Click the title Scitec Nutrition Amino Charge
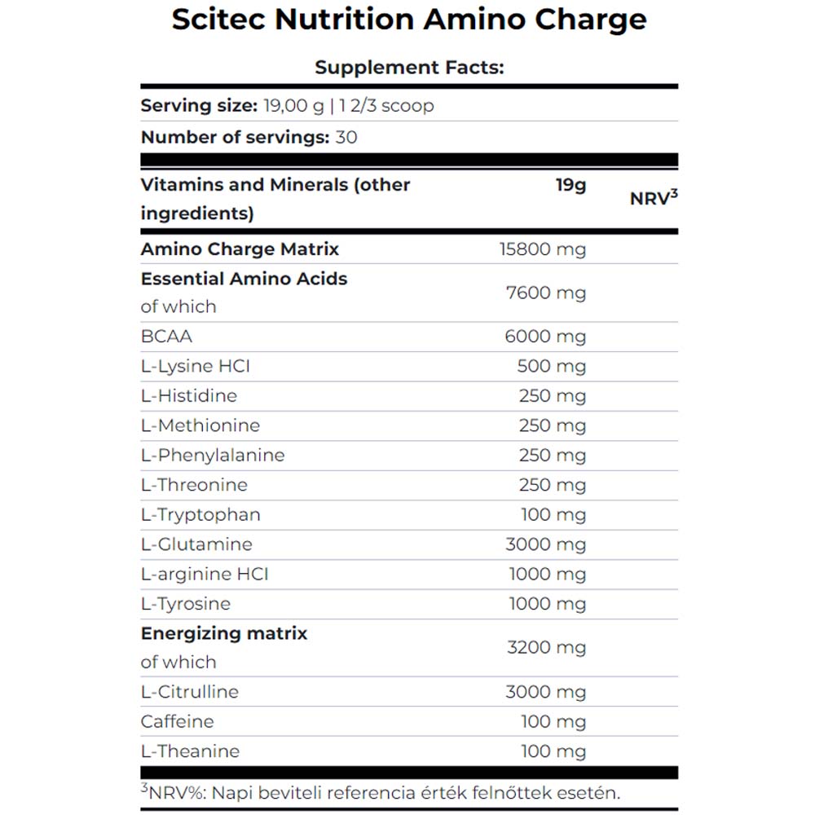[408, 20]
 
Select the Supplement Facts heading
[409, 67]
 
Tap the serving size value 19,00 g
[293, 106]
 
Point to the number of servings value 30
[346, 137]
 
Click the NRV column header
[654, 199]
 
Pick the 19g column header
[570, 185]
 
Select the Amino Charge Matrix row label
[240, 249]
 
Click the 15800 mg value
[543, 249]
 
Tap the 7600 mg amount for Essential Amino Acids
[546, 293]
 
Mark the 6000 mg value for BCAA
[545, 337]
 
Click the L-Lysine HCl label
[195, 366]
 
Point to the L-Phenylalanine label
[213, 455]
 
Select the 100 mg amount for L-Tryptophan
[553, 514]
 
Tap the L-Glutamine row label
[196, 544]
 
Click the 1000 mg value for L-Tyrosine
[548, 604]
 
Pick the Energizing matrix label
[224, 633]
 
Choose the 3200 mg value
[546, 648]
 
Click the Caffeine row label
[177, 721]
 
